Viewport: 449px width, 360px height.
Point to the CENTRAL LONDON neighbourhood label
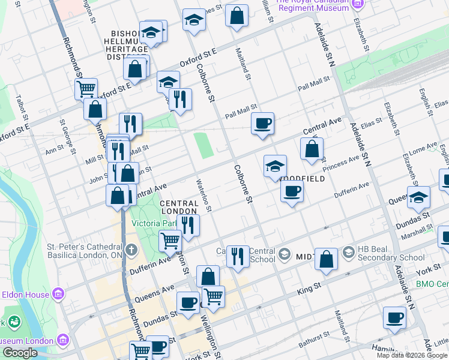[179, 208]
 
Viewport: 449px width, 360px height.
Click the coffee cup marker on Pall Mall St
[262, 124]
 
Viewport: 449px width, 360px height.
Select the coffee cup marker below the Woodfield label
[292, 191]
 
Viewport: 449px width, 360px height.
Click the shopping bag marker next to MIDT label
[326, 259]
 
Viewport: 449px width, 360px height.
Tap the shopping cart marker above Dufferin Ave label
[170, 241]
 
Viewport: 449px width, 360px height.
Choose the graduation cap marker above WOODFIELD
[275, 166]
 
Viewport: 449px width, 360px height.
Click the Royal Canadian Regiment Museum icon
[358, 4]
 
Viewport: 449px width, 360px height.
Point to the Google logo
[19, 353]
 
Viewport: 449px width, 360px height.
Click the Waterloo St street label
[204, 194]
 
